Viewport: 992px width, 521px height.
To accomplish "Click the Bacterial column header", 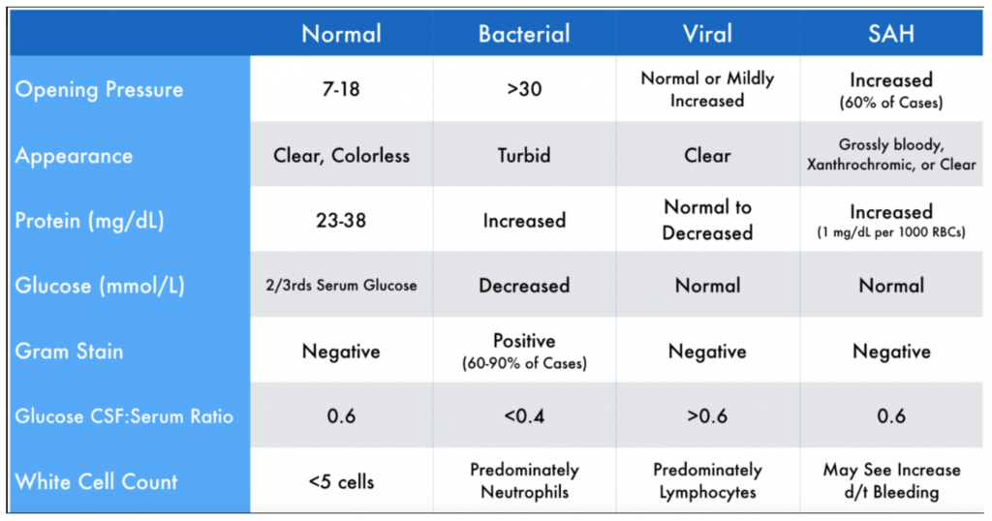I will pos(524,34).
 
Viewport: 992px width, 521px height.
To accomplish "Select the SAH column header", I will pos(891,34).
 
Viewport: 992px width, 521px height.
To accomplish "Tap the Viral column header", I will pos(707,34).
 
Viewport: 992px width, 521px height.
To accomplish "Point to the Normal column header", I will pos(341,34).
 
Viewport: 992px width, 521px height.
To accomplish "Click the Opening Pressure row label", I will pos(99,89).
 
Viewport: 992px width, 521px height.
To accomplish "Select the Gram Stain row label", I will pos(69,351).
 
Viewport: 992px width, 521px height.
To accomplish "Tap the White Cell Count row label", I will pos(96,481).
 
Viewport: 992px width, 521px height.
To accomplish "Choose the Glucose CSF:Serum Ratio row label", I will pos(124,416).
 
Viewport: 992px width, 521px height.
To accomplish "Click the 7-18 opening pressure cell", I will pos(341,89).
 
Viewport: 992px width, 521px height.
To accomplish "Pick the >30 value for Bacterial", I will pos(524,89).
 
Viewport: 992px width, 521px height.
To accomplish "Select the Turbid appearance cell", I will pos(524,155).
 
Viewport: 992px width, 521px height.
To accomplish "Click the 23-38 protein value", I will pos(341,220).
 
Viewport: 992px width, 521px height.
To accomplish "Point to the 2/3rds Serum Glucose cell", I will pos(341,286).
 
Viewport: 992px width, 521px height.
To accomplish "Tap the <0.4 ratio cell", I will pos(524,416).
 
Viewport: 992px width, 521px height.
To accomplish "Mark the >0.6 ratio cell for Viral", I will pos(707,416).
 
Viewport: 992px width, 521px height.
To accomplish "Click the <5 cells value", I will pos(341,481).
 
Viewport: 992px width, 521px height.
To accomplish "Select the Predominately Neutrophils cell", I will pos(524,481).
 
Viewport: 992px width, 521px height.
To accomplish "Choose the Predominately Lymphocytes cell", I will pos(707,481).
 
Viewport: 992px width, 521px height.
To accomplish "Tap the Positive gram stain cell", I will pos(524,342).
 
